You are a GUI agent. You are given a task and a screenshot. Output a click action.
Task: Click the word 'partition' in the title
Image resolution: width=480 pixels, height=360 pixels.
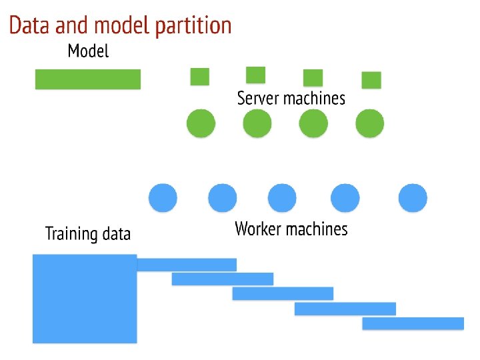[x=193, y=26]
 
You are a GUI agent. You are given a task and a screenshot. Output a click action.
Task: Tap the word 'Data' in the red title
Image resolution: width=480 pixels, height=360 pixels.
[x=29, y=25]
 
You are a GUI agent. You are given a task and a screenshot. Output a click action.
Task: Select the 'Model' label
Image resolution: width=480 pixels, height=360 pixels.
[x=88, y=51]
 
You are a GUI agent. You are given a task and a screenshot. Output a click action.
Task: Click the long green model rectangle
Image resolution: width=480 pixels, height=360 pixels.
[x=88, y=79]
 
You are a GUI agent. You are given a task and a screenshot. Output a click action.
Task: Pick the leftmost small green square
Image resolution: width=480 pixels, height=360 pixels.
[x=200, y=77]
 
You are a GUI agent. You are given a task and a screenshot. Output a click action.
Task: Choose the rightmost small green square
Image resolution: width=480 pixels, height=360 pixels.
[x=371, y=80]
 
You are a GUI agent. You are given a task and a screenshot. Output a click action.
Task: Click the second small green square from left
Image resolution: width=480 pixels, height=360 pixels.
[x=255, y=75]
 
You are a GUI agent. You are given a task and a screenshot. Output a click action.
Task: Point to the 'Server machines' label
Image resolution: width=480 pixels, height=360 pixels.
[x=291, y=98]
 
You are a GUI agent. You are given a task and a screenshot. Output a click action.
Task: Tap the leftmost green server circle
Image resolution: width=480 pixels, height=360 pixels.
[x=201, y=123]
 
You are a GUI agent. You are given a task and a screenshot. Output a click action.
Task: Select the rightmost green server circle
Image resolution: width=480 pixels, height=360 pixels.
[x=370, y=123]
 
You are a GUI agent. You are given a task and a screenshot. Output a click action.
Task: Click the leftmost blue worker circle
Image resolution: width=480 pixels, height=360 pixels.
[x=163, y=198]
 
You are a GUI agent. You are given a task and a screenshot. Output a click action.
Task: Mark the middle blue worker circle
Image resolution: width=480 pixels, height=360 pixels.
[x=282, y=198]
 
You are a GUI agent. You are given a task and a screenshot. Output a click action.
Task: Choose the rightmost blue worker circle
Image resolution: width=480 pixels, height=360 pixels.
[x=413, y=198]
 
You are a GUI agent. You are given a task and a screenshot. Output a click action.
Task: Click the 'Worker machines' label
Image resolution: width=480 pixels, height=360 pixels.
[x=291, y=229]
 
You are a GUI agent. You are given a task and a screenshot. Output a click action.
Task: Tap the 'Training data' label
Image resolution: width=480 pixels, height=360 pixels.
[x=88, y=233]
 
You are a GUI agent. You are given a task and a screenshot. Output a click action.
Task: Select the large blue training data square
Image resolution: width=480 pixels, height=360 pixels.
[x=85, y=299]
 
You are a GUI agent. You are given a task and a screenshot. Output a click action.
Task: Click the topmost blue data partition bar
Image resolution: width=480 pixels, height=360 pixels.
[x=187, y=265]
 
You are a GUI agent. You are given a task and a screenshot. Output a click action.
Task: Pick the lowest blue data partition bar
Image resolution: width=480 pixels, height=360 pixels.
[x=413, y=323]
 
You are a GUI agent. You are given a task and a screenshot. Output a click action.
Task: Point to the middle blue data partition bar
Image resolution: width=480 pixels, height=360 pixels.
[x=283, y=293]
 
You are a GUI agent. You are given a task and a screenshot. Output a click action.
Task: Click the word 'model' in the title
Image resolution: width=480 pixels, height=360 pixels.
[x=123, y=25]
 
